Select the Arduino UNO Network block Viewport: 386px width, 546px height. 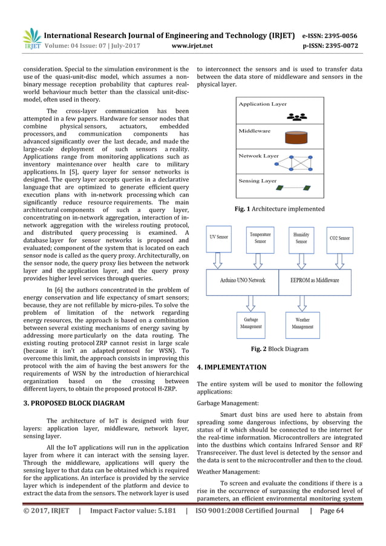click(243, 280)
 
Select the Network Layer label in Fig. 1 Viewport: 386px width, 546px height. click(258, 156)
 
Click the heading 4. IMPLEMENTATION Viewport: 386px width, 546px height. click(232, 367)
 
